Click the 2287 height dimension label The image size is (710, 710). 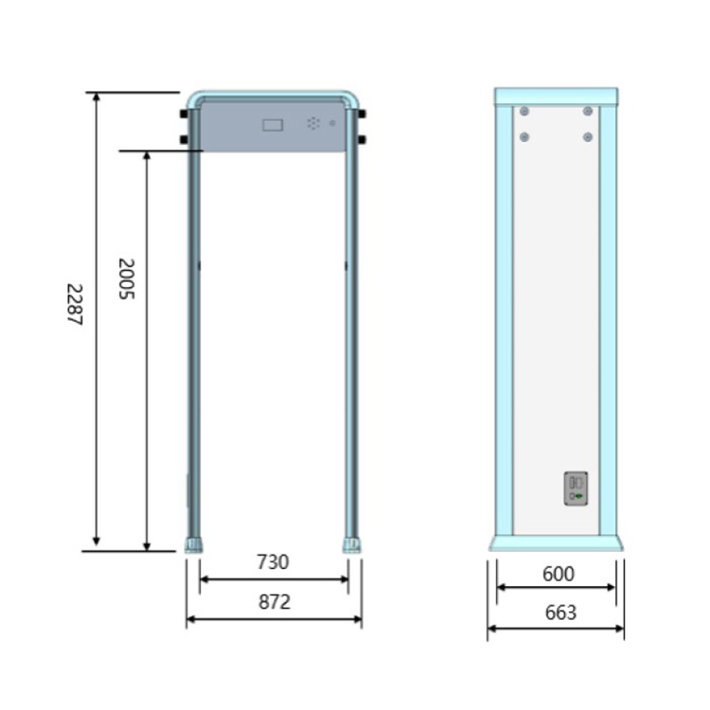75,304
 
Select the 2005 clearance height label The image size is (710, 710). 126,278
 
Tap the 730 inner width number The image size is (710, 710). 273,562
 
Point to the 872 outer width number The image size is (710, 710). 275,602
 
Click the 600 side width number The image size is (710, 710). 559,574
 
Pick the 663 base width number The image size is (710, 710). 560,612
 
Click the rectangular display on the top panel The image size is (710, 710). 273,125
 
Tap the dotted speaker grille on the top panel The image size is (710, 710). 313,123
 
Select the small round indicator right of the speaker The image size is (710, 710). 332,123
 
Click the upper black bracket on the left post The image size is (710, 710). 184,114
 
